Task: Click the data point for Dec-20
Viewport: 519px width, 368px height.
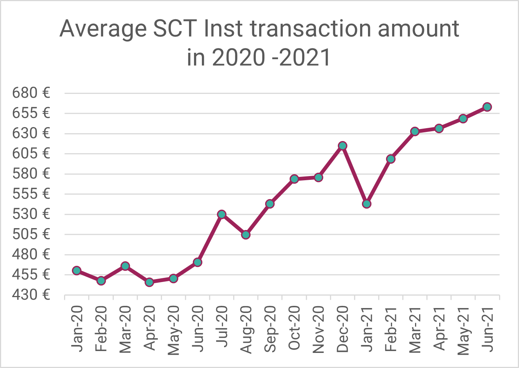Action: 342,146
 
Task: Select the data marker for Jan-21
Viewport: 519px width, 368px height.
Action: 366,204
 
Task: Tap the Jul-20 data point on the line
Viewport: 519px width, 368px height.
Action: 221,215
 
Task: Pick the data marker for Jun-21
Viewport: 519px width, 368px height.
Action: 487,107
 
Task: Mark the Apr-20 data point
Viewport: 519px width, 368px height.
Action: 149,282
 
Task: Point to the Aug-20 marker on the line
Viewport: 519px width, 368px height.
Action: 246,235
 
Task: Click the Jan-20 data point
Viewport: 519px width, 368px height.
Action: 76,270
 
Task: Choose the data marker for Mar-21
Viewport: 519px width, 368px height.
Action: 415,132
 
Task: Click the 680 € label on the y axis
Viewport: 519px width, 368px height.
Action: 31,93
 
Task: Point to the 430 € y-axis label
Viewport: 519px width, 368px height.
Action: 31,294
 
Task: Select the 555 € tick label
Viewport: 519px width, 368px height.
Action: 31,194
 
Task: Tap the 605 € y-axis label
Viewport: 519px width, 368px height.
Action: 31,153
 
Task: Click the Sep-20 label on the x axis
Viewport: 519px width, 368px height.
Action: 270,328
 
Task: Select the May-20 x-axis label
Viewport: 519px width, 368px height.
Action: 173,330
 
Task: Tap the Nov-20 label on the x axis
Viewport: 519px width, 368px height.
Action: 318,329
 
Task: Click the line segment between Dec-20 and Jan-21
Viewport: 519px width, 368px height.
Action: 354,175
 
